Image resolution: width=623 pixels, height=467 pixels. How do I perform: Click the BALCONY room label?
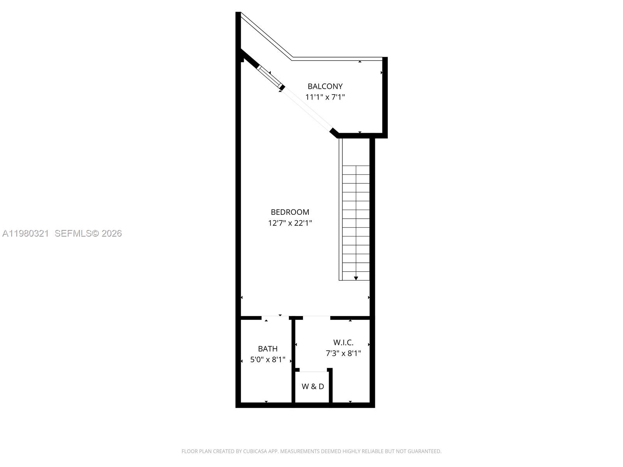[x=325, y=86]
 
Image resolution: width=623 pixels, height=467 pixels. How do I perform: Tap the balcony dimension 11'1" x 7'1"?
[x=325, y=97]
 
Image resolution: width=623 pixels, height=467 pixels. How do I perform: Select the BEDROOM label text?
[x=290, y=212]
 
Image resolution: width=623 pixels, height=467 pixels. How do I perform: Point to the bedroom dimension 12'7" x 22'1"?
[x=290, y=223]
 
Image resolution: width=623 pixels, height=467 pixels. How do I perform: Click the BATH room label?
[x=268, y=349]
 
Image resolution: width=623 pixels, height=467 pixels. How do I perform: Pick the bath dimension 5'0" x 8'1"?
[x=268, y=360]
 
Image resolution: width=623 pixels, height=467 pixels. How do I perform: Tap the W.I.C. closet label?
[x=343, y=342]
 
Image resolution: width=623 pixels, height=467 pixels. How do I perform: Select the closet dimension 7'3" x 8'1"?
[x=343, y=353]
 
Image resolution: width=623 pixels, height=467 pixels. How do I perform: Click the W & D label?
[x=313, y=386]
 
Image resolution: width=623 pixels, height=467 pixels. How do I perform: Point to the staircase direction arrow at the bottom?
[x=356, y=278]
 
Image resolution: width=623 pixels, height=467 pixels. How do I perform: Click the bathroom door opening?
[x=275, y=318]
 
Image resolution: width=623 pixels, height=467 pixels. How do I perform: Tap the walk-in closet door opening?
[x=317, y=318]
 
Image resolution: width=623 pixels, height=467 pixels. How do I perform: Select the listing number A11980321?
[x=26, y=233]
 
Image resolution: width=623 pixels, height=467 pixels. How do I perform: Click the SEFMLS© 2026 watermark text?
[x=88, y=233]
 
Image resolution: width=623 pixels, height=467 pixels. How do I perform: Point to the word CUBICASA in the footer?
[x=254, y=451]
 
